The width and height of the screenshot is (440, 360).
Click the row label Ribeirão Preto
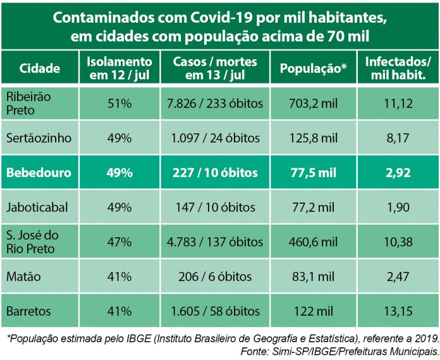click(x=28, y=103)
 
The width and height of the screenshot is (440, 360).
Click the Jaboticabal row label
click(x=37, y=207)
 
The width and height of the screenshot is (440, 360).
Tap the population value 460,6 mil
click(x=313, y=242)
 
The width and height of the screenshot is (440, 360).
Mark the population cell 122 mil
click(x=313, y=311)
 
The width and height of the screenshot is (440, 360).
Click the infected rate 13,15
click(x=398, y=311)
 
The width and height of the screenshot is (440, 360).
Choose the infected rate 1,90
click(x=398, y=207)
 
